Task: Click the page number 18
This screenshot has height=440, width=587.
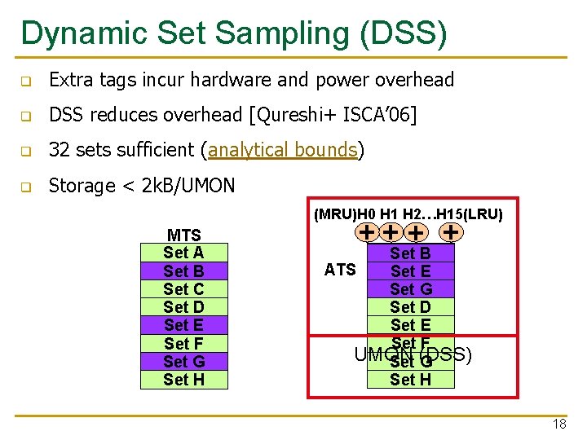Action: [x=558, y=425]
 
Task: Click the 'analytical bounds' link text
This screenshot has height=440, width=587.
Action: [x=283, y=150]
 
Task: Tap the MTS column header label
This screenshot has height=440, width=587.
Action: [x=183, y=235]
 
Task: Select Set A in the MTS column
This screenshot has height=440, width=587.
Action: [x=183, y=253]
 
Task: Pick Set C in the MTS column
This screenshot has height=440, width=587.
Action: [x=183, y=289]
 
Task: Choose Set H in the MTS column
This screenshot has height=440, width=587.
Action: [x=183, y=380]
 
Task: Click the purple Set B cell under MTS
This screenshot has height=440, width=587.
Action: [x=183, y=271]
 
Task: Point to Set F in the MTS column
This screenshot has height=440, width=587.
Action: [x=183, y=344]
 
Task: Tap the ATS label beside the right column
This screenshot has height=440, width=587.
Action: [x=340, y=270]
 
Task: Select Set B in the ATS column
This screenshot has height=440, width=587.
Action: [x=410, y=253]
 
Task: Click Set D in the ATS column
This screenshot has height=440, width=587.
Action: [x=410, y=307]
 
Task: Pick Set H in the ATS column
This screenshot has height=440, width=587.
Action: [x=410, y=379]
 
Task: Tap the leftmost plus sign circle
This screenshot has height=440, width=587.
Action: [x=369, y=232]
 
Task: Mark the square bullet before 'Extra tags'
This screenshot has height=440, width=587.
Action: [x=25, y=81]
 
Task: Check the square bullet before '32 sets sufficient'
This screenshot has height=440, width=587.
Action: [x=25, y=152]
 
